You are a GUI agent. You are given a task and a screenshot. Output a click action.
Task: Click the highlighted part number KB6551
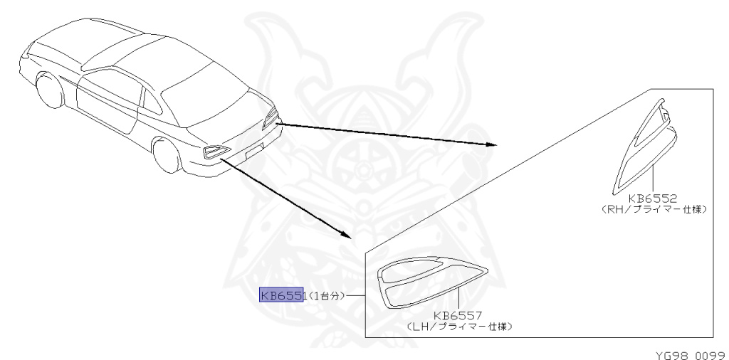click(281, 295)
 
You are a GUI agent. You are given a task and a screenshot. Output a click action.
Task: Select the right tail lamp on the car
click(271, 118)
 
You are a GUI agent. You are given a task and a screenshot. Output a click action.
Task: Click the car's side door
click(107, 100)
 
